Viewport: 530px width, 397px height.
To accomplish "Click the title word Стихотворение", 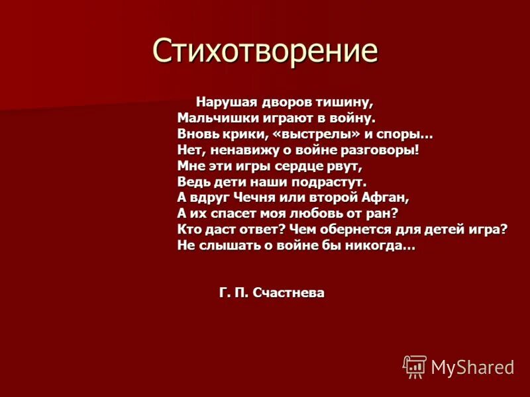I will [265, 50].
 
